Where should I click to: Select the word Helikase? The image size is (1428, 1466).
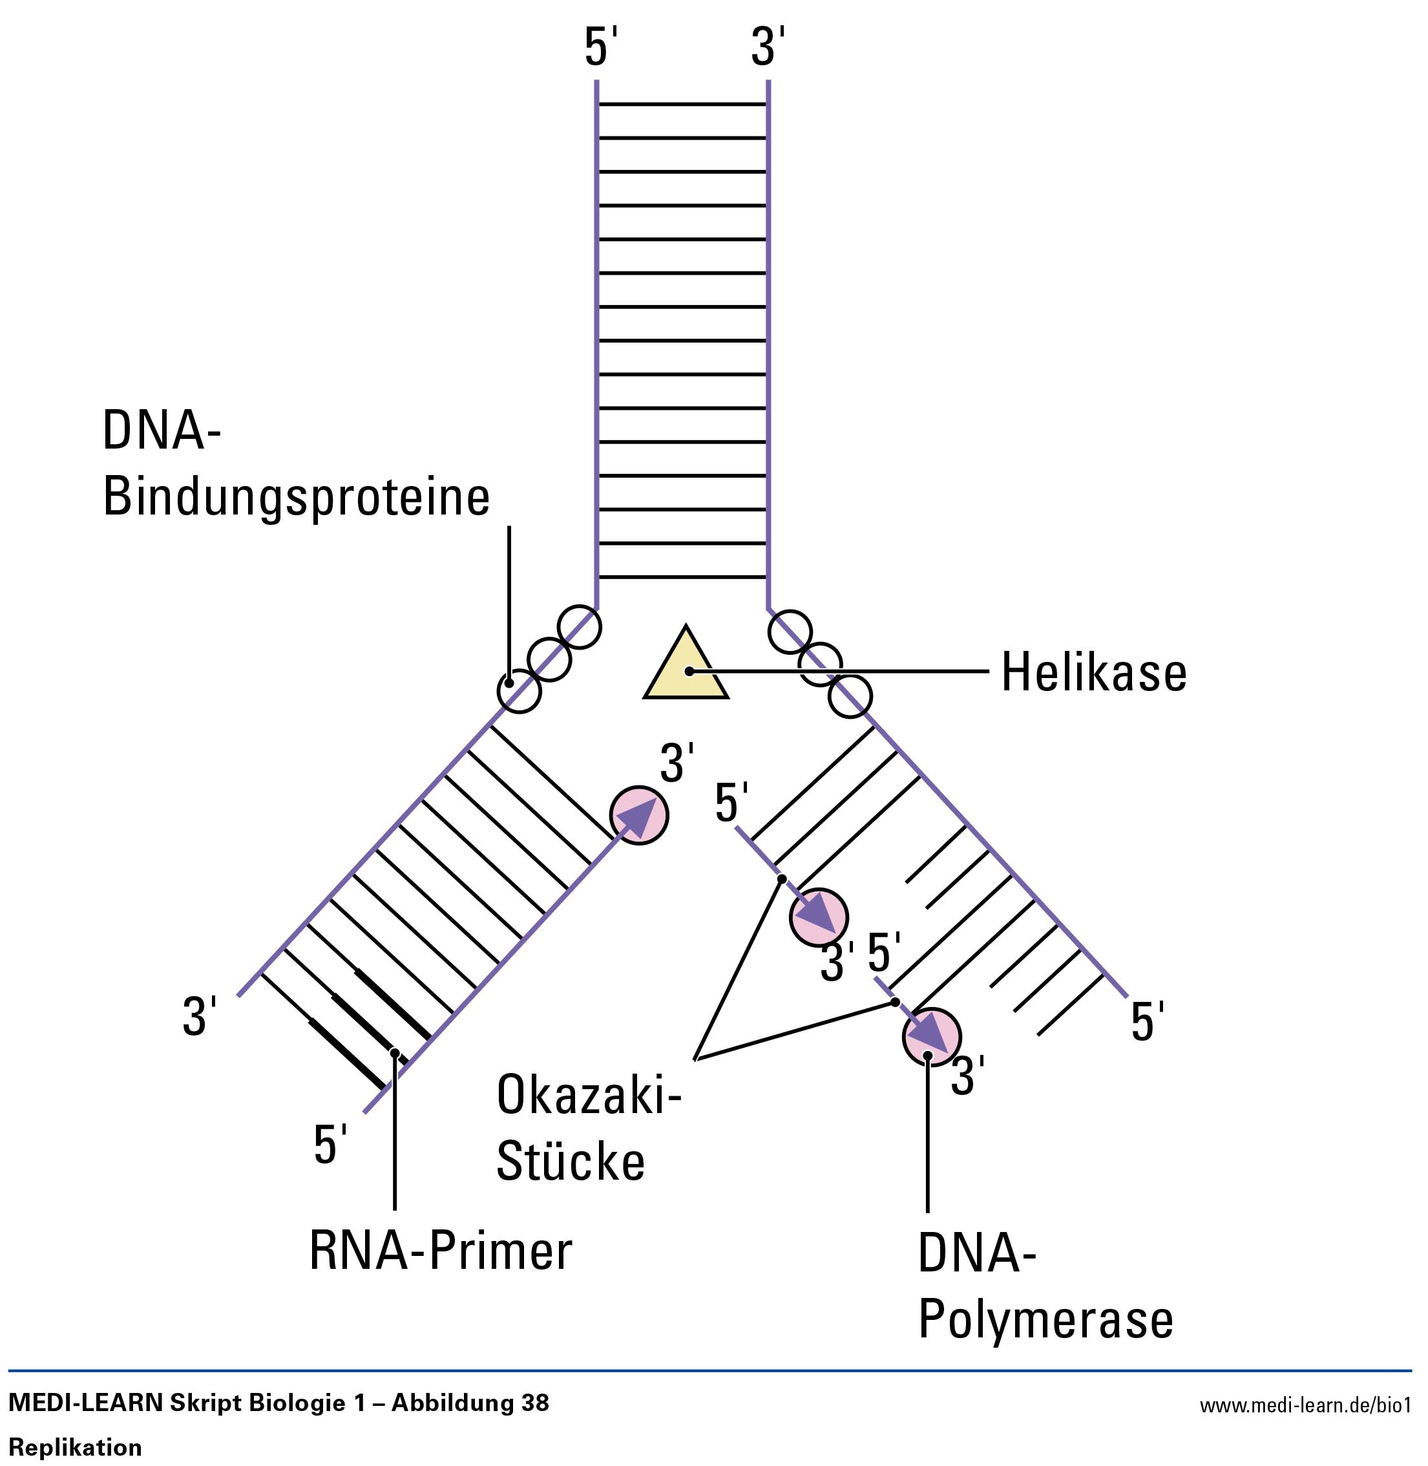click(1093, 672)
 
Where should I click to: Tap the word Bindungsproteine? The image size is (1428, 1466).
click(296, 496)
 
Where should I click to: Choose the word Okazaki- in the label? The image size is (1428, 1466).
click(589, 1096)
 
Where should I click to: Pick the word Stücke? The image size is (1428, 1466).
click(571, 1162)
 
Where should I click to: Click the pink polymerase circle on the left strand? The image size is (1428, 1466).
click(639, 816)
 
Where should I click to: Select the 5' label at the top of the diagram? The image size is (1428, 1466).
click(600, 47)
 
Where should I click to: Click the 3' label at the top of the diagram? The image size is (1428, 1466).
click(767, 47)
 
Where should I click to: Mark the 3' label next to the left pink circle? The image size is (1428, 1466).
click(677, 763)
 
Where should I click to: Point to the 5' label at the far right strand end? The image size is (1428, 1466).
click(1147, 1022)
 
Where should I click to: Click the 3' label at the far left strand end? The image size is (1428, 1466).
click(200, 1017)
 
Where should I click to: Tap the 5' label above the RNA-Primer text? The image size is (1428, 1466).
click(330, 1145)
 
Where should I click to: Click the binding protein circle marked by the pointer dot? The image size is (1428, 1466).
click(519, 691)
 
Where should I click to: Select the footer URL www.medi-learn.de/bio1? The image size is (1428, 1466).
click(1305, 1405)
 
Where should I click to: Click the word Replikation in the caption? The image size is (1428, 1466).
click(75, 1447)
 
